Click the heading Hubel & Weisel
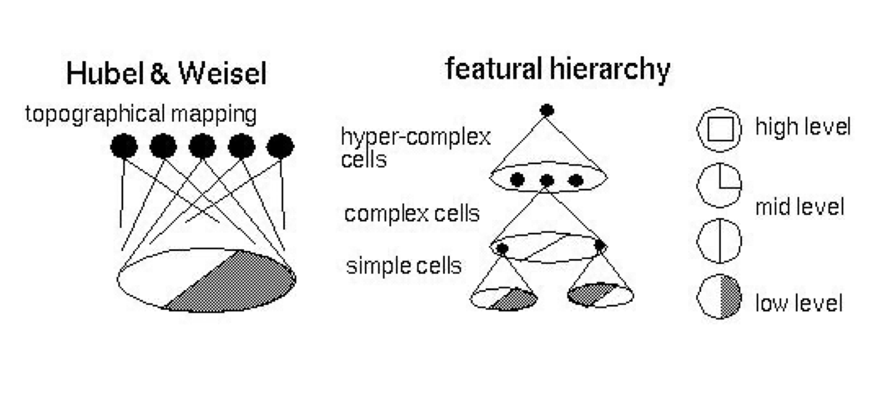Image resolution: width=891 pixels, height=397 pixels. click(166, 75)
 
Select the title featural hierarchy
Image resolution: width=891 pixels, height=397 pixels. click(557, 69)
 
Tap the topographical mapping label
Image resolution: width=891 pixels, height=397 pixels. click(141, 114)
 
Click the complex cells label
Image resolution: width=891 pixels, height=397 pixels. click(412, 214)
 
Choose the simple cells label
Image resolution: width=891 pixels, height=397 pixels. click(403, 266)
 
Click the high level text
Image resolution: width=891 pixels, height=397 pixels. click(803, 127)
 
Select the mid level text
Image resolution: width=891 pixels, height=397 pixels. click(799, 207)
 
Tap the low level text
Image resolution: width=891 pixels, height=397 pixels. click(799, 303)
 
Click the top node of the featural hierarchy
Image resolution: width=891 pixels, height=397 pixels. click(547, 111)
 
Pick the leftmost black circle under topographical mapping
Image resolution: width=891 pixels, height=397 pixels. click(124, 147)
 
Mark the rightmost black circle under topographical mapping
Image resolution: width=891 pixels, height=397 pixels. click(280, 147)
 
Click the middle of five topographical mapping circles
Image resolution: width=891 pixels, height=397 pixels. click(202, 147)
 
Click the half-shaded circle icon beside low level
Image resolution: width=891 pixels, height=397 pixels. click(720, 297)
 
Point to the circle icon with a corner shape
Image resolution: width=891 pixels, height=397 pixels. click(720, 186)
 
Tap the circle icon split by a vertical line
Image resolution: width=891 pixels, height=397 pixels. click(720, 240)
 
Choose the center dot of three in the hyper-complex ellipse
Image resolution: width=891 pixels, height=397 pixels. click(547, 180)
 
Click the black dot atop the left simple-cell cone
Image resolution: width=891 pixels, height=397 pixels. click(502, 249)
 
